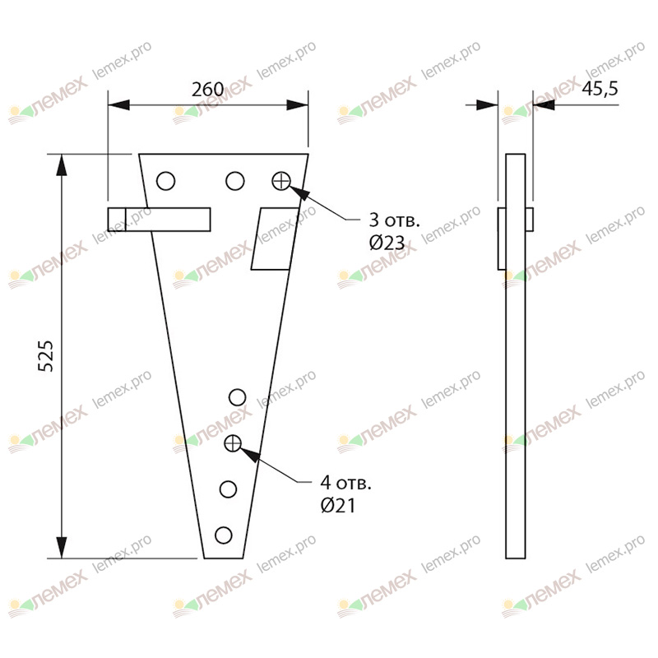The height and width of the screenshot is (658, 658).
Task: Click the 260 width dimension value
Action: tap(208, 90)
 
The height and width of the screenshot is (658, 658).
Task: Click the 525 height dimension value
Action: tap(47, 355)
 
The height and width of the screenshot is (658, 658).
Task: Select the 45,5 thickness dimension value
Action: tap(600, 90)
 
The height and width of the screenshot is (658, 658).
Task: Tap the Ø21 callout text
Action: tap(339, 506)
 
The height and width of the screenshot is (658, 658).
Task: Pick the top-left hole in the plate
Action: tap(166, 181)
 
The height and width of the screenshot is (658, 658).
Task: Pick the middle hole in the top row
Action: tap(235, 181)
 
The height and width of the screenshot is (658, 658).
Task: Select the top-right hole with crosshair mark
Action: tap(281, 181)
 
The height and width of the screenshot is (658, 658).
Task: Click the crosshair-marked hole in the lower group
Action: tap(233, 444)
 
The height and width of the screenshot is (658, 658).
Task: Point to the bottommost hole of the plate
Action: tap(223, 535)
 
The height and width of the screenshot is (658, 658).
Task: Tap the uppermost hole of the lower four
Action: tap(237, 398)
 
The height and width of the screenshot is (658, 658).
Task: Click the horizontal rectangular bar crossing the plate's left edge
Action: tap(160, 220)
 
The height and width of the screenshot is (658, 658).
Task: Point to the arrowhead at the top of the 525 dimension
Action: tap(61, 164)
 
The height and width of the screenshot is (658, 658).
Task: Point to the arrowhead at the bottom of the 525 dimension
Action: tap(61, 547)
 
